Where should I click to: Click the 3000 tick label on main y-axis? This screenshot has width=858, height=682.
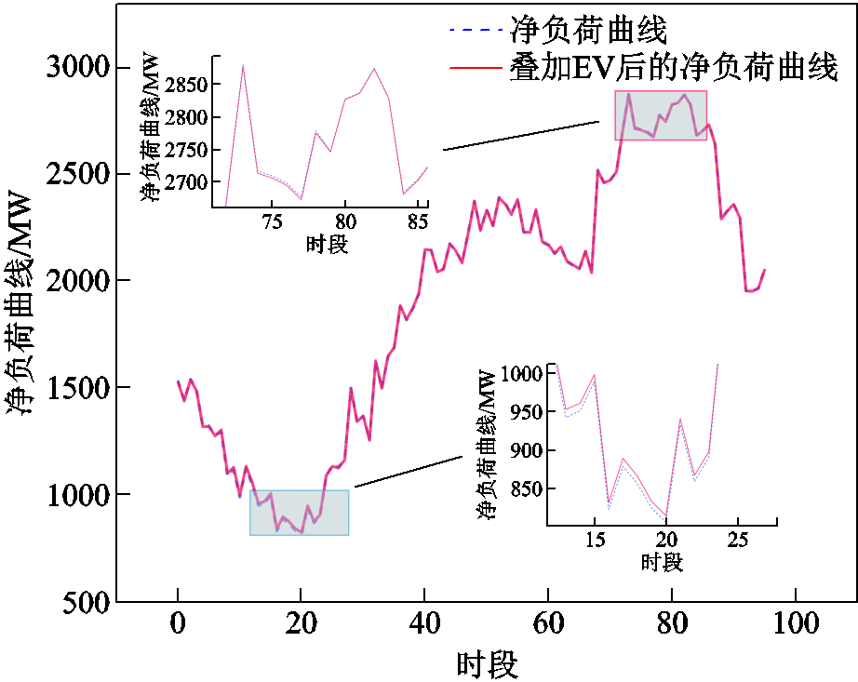75,68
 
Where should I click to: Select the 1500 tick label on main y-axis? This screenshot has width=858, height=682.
75,388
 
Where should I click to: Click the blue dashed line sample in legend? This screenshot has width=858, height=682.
476,31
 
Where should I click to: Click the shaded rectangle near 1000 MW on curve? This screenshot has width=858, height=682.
299,512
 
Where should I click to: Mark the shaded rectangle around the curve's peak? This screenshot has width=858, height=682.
661,114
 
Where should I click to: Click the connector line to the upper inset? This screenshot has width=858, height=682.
521,136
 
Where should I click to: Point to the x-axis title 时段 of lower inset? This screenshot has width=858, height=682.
662,562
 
